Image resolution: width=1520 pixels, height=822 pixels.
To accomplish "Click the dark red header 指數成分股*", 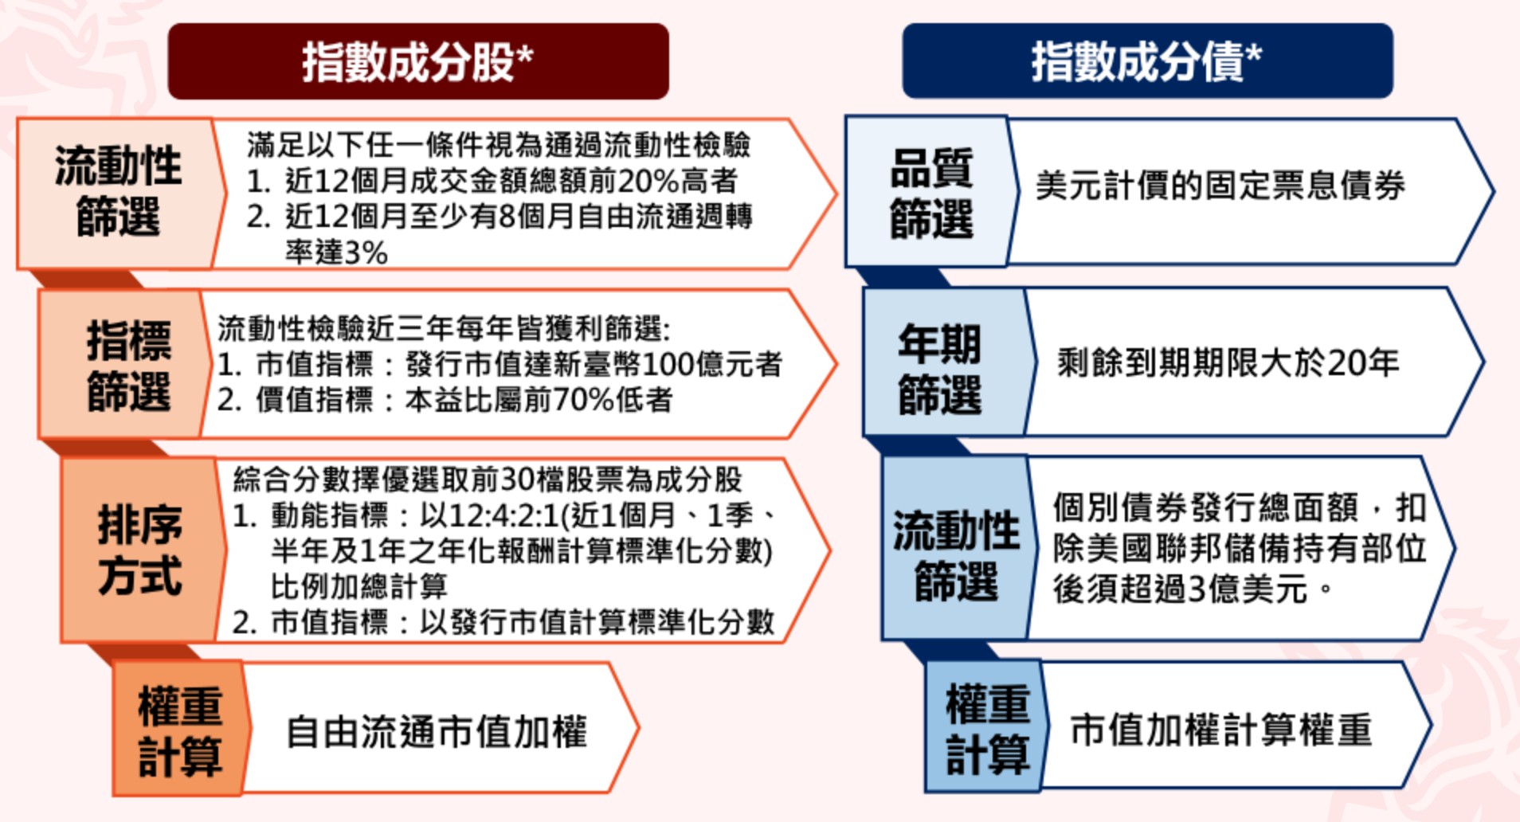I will pyautogui.click(x=417, y=61).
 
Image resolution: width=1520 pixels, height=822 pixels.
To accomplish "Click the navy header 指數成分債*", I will pyautogui.click(x=1147, y=61).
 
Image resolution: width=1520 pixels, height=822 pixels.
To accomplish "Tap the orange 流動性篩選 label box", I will pyautogui.click(x=117, y=193).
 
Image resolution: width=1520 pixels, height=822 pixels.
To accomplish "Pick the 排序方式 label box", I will pyautogui.click(x=140, y=550).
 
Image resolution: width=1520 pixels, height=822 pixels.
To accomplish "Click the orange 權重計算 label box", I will pyautogui.click(x=179, y=730).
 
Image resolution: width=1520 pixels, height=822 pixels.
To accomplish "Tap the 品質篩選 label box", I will pyautogui.click(x=930, y=193).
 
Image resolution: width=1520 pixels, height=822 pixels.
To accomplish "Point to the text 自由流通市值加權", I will pyautogui.click(x=437, y=731).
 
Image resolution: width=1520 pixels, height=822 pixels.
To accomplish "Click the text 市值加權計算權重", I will pyautogui.click(x=1220, y=730).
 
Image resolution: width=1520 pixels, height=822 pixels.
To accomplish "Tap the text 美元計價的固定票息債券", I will pyautogui.click(x=1220, y=186).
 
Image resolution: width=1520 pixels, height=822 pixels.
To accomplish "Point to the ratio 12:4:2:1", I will pyautogui.click(x=503, y=516).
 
